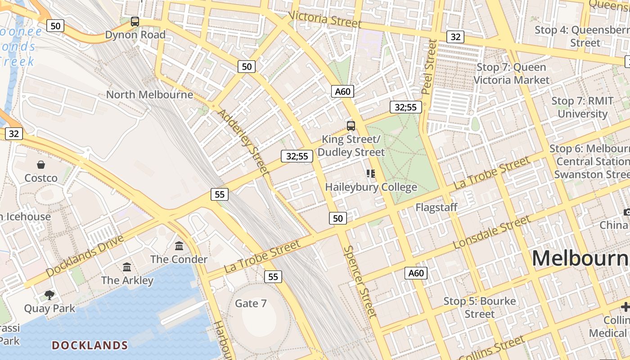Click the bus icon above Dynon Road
[x=135, y=21]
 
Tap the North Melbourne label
[x=149, y=94]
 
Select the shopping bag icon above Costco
[x=41, y=165]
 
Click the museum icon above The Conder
[x=179, y=246]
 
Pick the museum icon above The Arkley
[x=127, y=267]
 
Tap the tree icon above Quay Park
[x=49, y=295]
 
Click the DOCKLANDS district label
[x=90, y=345]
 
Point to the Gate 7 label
[x=251, y=304]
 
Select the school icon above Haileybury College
[x=371, y=174]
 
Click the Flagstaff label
[x=436, y=207]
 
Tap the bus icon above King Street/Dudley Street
[x=351, y=126]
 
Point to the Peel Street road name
[x=429, y=67]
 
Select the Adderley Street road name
[x=243, y=141]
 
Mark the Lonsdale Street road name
[x=492, y=232]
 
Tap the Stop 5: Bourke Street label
[x=480, y=307]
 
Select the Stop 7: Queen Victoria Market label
[x=511, y=74]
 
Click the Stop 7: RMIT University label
[x=582, y=107]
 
